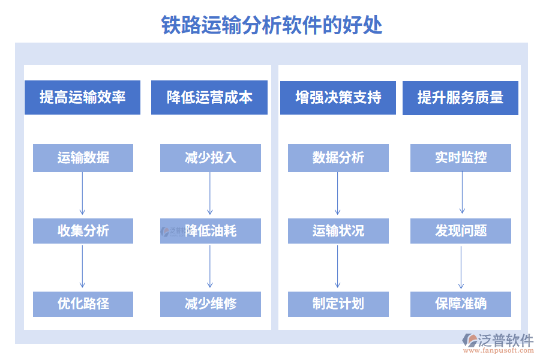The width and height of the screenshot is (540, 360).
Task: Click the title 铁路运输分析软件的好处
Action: tap(272, 25)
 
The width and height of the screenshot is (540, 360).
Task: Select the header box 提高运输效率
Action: tap(82, 97)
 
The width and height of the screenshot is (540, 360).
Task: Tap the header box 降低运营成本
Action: tap(210, 97)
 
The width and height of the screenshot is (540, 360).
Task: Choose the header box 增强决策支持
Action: tap(338, 97)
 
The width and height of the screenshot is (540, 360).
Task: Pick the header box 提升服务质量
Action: tap(460, 97)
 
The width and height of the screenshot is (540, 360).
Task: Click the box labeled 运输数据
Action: tap(83, 158)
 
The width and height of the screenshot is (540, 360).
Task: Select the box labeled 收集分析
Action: tap(83, 230)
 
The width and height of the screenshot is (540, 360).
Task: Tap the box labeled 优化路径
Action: tap(83, 304)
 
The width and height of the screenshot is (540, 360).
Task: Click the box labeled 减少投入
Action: tap(210, 158)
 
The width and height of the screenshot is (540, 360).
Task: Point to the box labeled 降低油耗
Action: tap(210, 230)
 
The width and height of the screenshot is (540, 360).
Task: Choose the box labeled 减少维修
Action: tap(210, 304)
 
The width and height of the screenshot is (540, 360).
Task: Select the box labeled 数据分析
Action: tap(338, 158)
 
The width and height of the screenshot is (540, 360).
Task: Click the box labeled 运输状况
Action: tap(338, 230)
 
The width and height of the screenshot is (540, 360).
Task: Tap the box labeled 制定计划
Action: tap(338, 304)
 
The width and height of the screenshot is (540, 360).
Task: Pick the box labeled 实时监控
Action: tap(461, 158)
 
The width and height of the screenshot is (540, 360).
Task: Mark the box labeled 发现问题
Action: tap(461, 230)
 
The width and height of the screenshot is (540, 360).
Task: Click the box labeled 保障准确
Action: tap(461, 304)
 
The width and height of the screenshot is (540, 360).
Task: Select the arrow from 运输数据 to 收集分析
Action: tap(82, 194)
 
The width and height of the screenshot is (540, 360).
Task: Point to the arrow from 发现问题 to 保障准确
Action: tap(461, 267)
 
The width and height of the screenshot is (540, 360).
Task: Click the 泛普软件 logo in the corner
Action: tap(497, 343)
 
